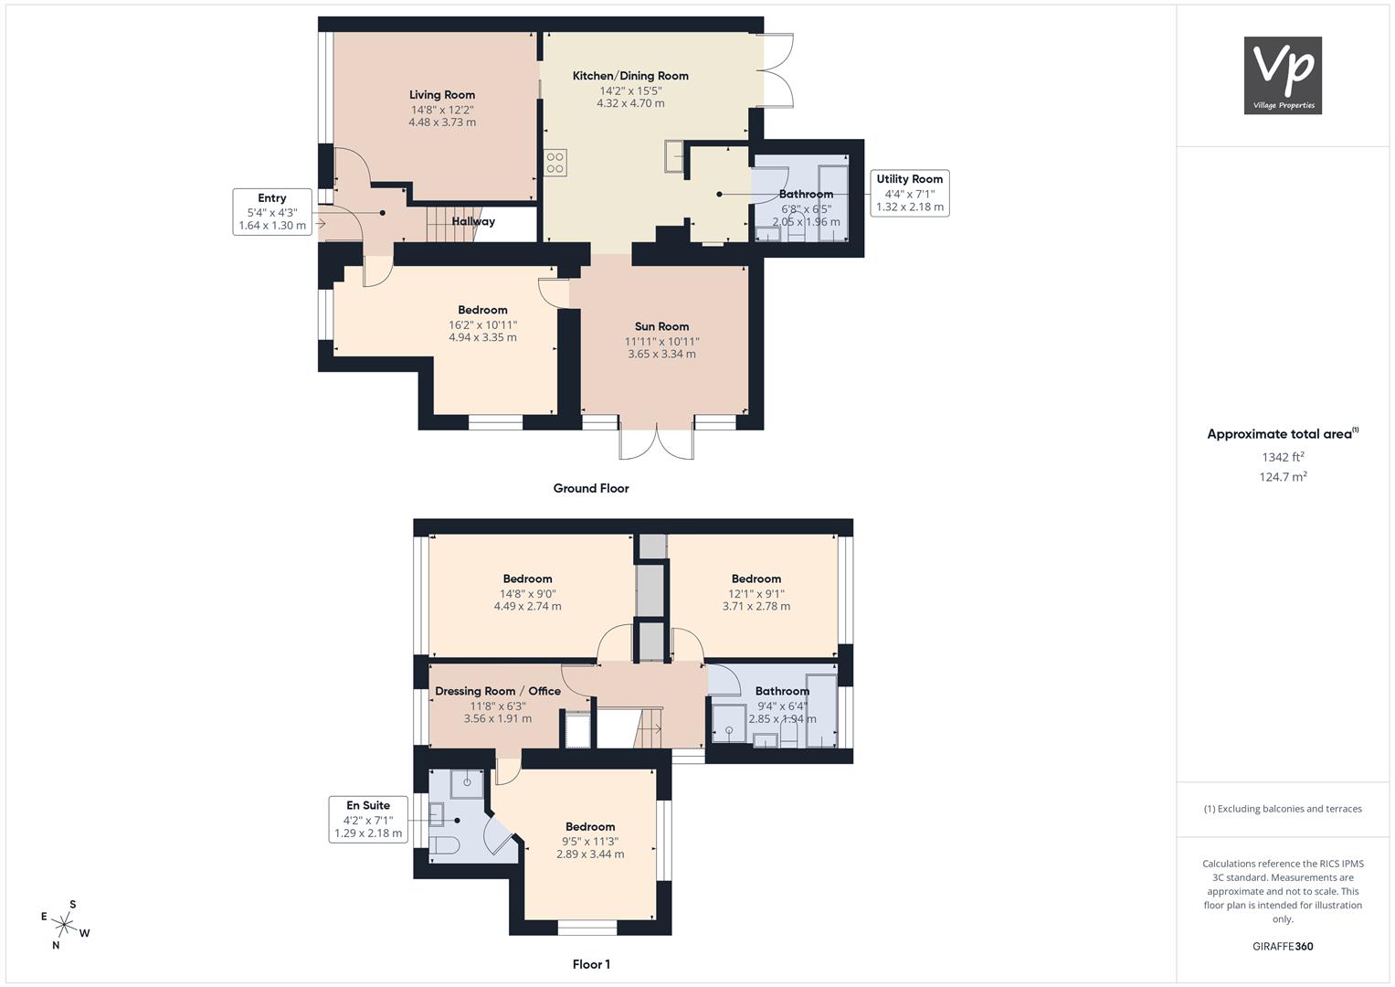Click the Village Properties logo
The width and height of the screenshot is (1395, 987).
pos(1283,75)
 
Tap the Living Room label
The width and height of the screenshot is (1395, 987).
pos(442,95)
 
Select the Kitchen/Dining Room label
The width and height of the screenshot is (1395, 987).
pos(630,75)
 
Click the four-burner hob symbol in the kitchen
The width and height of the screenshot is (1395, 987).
pos(555,163)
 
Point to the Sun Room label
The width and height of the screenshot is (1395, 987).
pos(661,326)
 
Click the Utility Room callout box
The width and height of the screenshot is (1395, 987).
pos(909,193)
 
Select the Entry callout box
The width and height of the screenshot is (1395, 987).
pos(272,212)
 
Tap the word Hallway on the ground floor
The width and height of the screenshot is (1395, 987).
pos(473,221)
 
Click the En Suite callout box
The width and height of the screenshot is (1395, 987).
pos(368,820)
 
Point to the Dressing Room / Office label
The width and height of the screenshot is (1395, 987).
pos(498,691)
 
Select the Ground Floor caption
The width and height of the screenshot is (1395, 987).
pos(591,489)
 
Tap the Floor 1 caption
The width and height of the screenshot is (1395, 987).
pos(591,964)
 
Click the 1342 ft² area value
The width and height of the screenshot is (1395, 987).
pos(1283,457)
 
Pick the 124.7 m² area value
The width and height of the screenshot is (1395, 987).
pos(1283,477)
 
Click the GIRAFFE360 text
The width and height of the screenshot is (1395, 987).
pos(1283,947)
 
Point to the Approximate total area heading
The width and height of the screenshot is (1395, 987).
pos(1283,434)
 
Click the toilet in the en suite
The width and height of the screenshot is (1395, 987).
pos(445,845)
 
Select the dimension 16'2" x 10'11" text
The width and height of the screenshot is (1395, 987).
pos(482,324)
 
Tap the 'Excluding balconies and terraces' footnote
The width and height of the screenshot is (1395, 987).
pos(1283,809)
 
